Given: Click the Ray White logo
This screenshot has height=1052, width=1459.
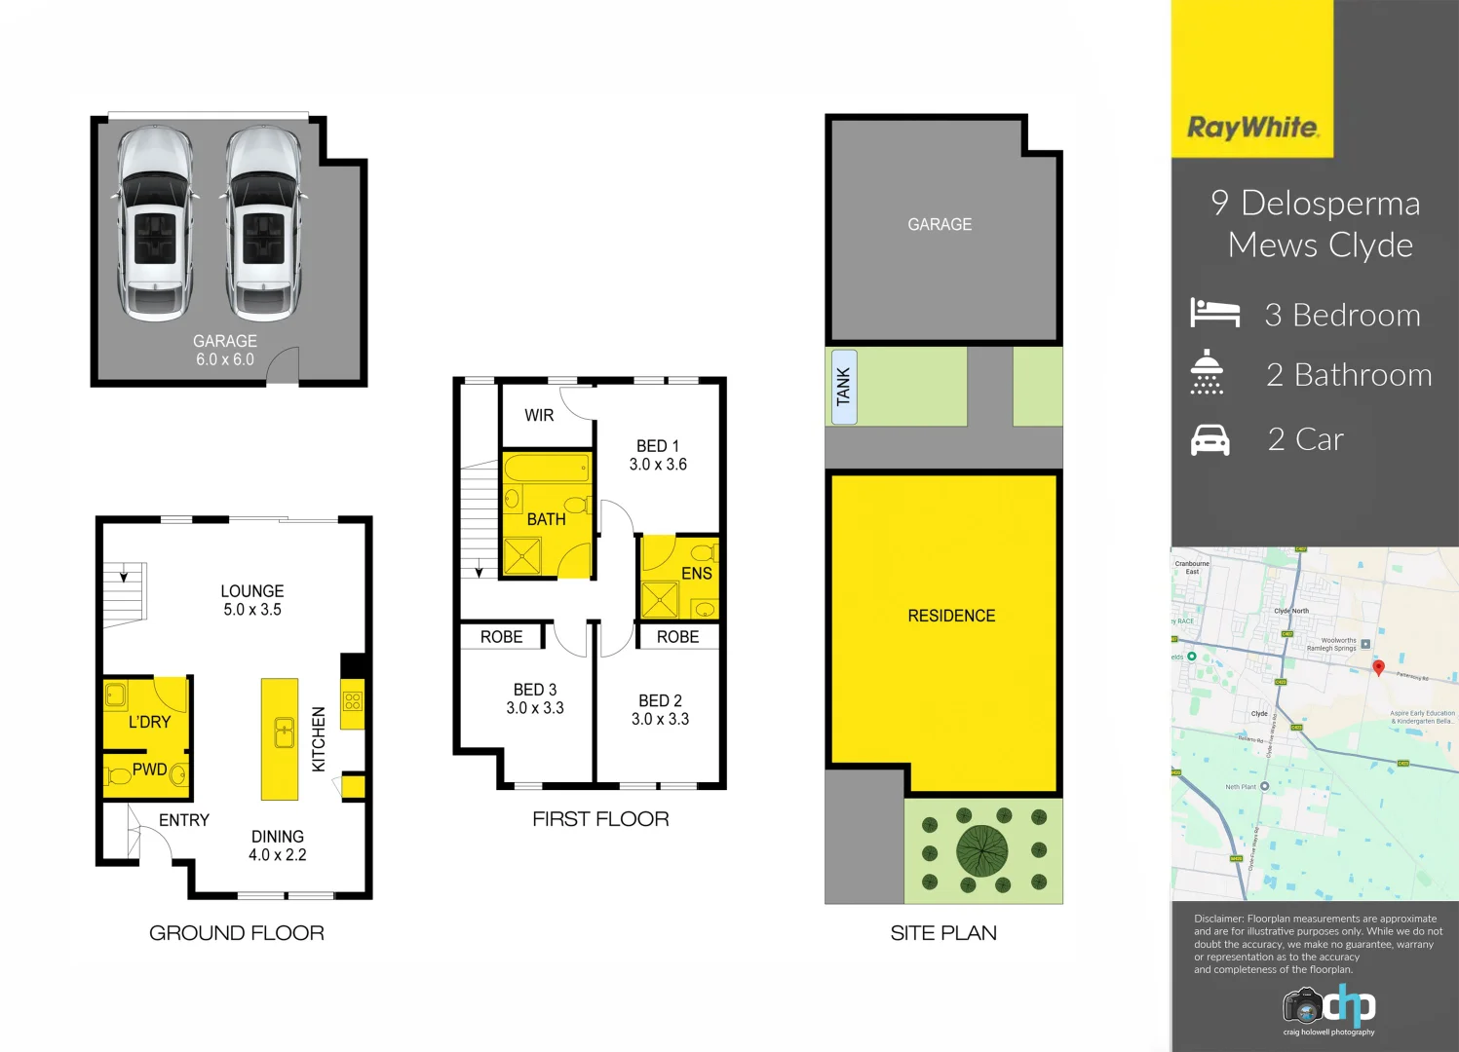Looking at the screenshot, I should tap(1252, 128).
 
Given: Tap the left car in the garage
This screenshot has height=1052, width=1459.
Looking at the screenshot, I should tap(155, 223).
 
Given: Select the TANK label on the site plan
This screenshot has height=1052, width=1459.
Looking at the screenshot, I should tap(844, 387).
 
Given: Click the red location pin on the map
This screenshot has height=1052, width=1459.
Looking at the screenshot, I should tap(1378, 667).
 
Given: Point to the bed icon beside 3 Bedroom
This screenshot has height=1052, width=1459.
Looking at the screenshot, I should tap(1214, 313).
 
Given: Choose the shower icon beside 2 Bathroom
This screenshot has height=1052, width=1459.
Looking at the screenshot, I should tap(1207, 372).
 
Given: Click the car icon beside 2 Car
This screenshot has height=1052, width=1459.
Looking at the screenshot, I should tap(1210, 440).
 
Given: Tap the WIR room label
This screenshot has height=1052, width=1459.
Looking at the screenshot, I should tap(539, 415).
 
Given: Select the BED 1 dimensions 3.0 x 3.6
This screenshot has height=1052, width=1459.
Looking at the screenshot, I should tap(658, 465).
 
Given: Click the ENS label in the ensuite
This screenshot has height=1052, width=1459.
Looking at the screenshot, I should tap(696, 573).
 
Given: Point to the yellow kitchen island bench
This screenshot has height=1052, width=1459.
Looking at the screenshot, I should tap(280, 738).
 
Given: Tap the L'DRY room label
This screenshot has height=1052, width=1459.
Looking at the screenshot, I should tap(149, 722).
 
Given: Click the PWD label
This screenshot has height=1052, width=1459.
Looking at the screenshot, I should tap(149, 770).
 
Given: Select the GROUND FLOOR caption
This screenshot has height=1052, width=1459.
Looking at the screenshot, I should tap(237, 933).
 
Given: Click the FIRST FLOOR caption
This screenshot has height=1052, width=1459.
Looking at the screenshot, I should tap(600, 819).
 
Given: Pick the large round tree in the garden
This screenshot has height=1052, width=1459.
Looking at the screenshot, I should tap(982, 850).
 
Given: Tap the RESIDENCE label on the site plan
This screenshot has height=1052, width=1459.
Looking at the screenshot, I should tap(951, 616).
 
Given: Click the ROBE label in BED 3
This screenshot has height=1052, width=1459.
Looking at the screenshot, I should tap(501, 637).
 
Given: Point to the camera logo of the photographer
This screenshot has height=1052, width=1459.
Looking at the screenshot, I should tap(1302, 1005).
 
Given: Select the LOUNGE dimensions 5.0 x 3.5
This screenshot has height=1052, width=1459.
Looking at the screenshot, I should tap(252, 610).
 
